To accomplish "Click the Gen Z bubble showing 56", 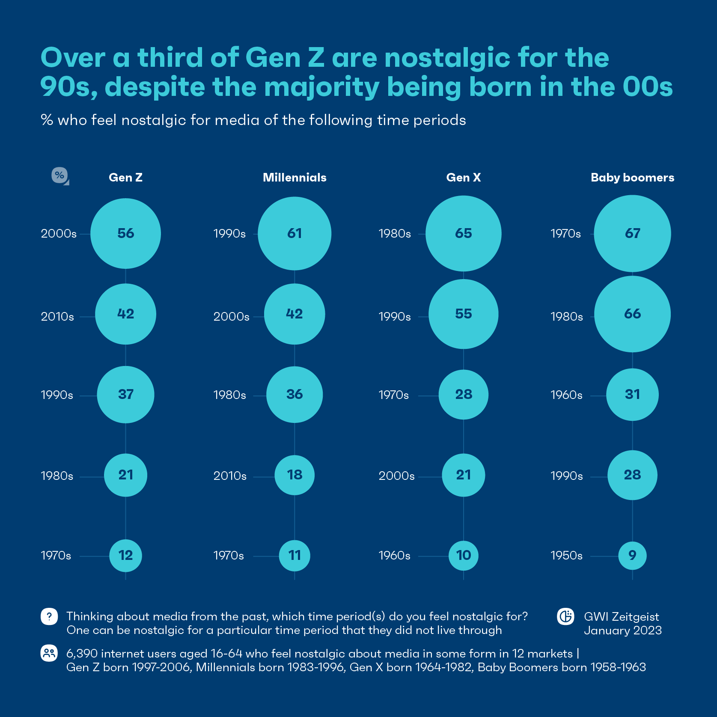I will point(125,233).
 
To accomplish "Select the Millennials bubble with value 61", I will point(295,233).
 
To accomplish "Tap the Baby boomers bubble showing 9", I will point(632,556).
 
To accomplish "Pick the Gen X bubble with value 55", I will point(463,314).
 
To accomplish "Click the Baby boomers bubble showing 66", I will point(632,314).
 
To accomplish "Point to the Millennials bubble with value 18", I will point(295,475).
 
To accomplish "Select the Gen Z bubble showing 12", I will point(125,556).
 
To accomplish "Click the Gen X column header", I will point(463,178).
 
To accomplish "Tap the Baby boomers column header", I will point(632,178).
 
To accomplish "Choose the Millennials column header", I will point(295,178).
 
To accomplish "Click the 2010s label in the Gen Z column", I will point(57,317).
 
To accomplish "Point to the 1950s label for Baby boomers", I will point(566,556).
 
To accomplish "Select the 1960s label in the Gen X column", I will point(394,556).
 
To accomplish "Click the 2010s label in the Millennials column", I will point(230,476).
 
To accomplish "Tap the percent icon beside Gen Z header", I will point(60,176).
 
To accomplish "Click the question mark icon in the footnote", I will point(49,617).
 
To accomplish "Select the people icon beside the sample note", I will point(49,653).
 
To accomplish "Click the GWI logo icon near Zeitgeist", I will point(565,617).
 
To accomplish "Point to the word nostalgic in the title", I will point(447,58).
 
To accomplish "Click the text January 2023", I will point(622,631).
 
